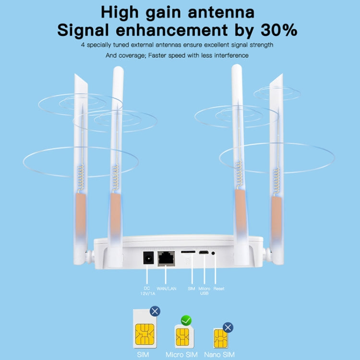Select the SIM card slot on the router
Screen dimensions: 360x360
click(187, 252)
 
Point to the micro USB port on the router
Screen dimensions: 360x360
click(204, 252)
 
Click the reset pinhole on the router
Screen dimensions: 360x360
click(214, 253)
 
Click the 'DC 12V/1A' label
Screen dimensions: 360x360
click(147, 291)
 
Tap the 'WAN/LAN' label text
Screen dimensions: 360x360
click(167, 288)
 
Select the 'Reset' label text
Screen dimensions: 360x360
click(219, 288)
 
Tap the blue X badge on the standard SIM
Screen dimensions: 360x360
click(155, 312)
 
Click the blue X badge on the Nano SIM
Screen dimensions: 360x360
click(228, 328)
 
